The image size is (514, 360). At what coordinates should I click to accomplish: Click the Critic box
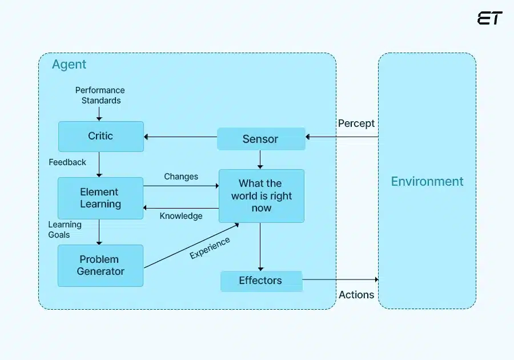tap(101, 136)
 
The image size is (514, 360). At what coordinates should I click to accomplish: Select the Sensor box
tap(260, 139)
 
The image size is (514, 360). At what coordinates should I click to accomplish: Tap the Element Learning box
tap(101, 198)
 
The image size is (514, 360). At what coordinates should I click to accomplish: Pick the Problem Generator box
tap(101, 265)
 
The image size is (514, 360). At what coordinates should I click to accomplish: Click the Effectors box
tap(260, 281)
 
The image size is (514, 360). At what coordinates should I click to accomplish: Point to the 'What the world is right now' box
tap(261, 195)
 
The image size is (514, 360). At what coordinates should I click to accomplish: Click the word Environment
tap(427, 182)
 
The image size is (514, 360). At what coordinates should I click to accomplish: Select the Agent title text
tap(69, 65)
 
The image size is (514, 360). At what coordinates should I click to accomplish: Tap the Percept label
tap(356, 123)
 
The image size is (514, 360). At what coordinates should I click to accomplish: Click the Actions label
tap(356, 295)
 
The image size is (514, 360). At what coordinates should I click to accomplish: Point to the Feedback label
tap(67, 162)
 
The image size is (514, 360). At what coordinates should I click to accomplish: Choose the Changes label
tap(181, 177)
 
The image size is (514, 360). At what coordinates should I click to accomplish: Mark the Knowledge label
tap(181, 216)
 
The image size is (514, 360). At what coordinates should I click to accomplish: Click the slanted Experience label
tap(210, 248)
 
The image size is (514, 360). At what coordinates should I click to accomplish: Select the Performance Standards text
tap(100, 95)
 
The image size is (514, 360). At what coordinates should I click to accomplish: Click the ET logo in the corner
tap(489, 18)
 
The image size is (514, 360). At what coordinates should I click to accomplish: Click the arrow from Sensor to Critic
tap(180, 137)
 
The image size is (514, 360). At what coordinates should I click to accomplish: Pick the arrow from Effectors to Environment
tap(340, 279)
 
